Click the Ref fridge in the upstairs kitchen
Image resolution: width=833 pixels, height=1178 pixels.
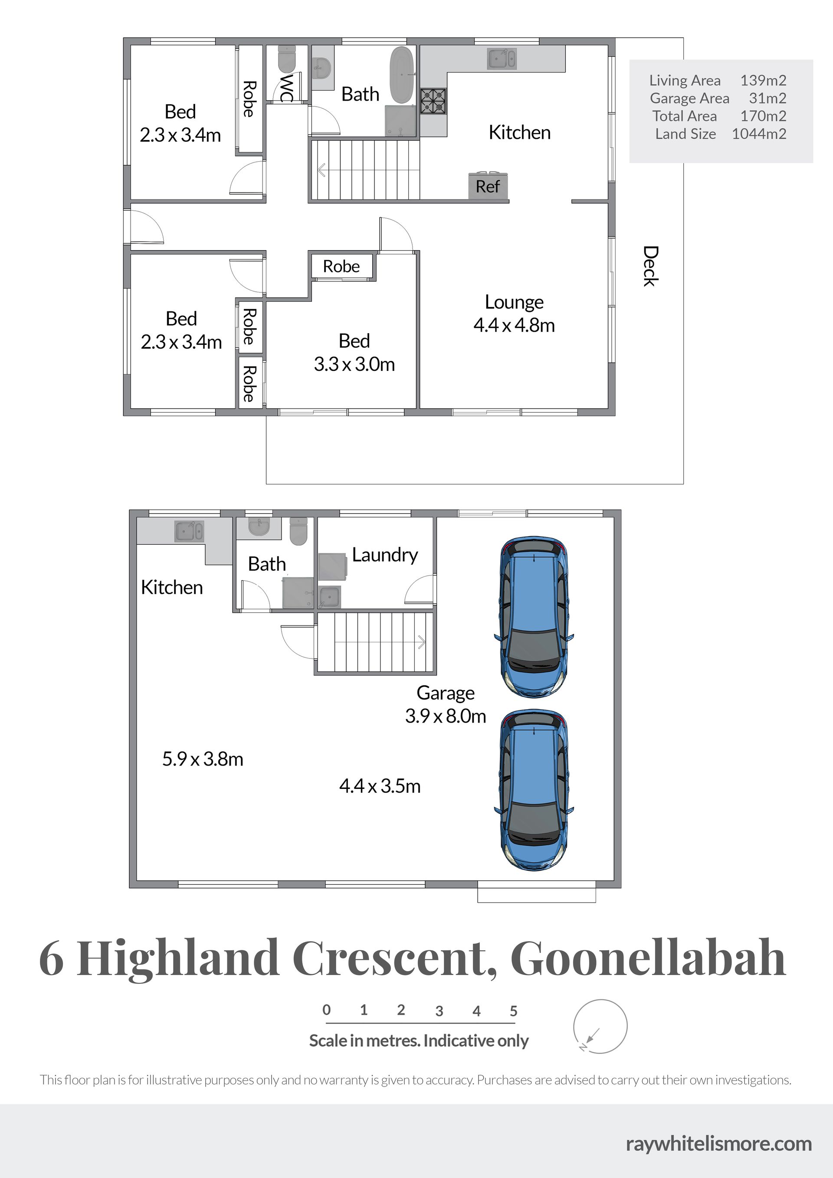pyautogui.click(x=488, y=185)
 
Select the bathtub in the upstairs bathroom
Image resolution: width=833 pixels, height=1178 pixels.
pyautogui.click(x=401, y=75)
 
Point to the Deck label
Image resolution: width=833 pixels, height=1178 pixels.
pyautogui.click(x=651, y=266)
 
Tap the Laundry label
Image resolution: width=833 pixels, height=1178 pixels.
pyautogui.click(x=385, y=555)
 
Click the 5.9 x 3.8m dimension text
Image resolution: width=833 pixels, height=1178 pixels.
pyautogui.click(x=203, y=759)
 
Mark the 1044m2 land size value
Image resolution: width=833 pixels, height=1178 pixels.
pyautogui.click(x=759, y=134)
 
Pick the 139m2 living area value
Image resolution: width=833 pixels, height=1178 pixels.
pyautogui.click(x=763, y=81)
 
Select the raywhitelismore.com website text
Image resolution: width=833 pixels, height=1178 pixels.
pyautogui.click(x=719, y=1144)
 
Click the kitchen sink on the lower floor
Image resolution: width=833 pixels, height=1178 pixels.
pyautogui.click(x=190, y=531)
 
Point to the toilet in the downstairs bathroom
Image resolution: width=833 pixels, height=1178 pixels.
pyautogui.click(x=298, y=531)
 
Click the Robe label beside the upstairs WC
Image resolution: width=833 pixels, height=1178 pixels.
pyautogui.click(x=249, y=99)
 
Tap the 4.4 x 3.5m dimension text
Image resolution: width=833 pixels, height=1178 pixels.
pyautogui.click(x=380, y=786)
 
